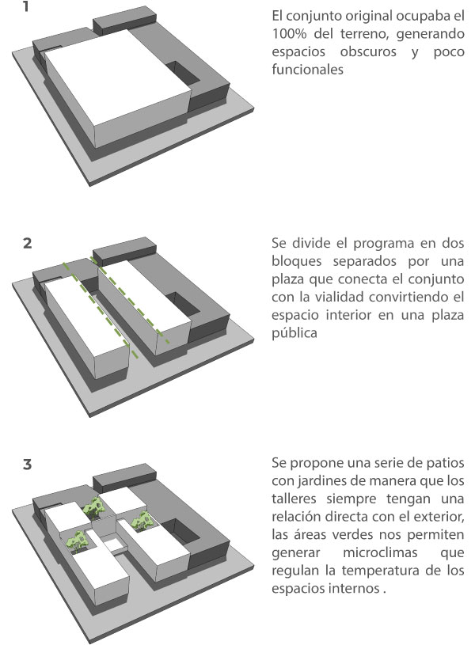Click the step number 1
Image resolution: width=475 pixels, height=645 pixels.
(26, 6)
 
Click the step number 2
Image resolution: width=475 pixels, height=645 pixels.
(27, 243)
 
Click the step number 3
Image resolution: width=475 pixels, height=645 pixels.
(27, 465)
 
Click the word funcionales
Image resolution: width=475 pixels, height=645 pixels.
(307, 69)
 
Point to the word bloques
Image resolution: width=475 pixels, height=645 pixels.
(296, 261)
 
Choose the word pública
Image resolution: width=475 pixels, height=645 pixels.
(294, 332)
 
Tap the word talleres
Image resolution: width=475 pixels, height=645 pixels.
(294, 499)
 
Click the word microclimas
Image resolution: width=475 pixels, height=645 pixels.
(380, 552)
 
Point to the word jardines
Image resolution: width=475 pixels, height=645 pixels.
(322, 481)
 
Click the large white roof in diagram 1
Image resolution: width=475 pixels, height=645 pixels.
(118, 78)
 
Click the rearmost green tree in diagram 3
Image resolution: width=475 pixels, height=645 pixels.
(93, 507)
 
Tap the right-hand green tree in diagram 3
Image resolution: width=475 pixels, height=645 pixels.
(142, 520)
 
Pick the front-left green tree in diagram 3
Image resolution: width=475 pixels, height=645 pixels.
(77, 540)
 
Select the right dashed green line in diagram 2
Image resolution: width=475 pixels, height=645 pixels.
(129, 300)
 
